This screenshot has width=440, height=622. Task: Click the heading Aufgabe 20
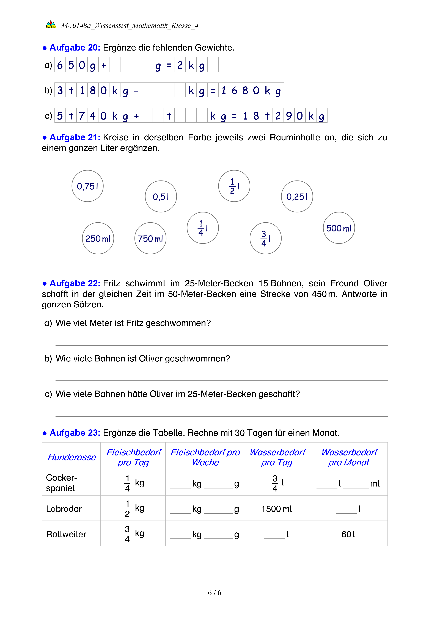[x=75, y=48]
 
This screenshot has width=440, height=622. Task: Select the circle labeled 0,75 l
[x=87, y=186]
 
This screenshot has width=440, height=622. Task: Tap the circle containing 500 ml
[x=339, y=228]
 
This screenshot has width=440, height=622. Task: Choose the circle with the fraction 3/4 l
[x=266, y=238]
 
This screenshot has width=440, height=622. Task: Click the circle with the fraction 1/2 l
[x=234, y=186]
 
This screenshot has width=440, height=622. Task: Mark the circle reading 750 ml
[x=150, y=238]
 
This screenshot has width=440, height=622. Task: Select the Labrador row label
[x=64, y=509]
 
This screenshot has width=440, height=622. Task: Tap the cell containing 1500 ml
[x=276, y=509]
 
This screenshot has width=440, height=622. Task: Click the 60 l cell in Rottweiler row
[x=348, y=534]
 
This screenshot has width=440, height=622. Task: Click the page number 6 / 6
[x=214, y=593]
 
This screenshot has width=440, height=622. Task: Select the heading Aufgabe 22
[x=75, y=283]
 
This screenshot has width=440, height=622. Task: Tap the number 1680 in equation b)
[x=240, y=90]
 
